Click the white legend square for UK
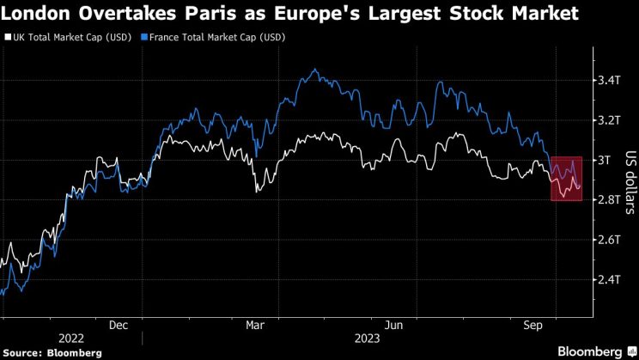[7, 38]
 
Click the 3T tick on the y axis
[604, 160]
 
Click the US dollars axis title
[630, 180]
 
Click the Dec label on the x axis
[119, 325]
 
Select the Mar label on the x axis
[255, 325]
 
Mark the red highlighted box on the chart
[567, 179]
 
